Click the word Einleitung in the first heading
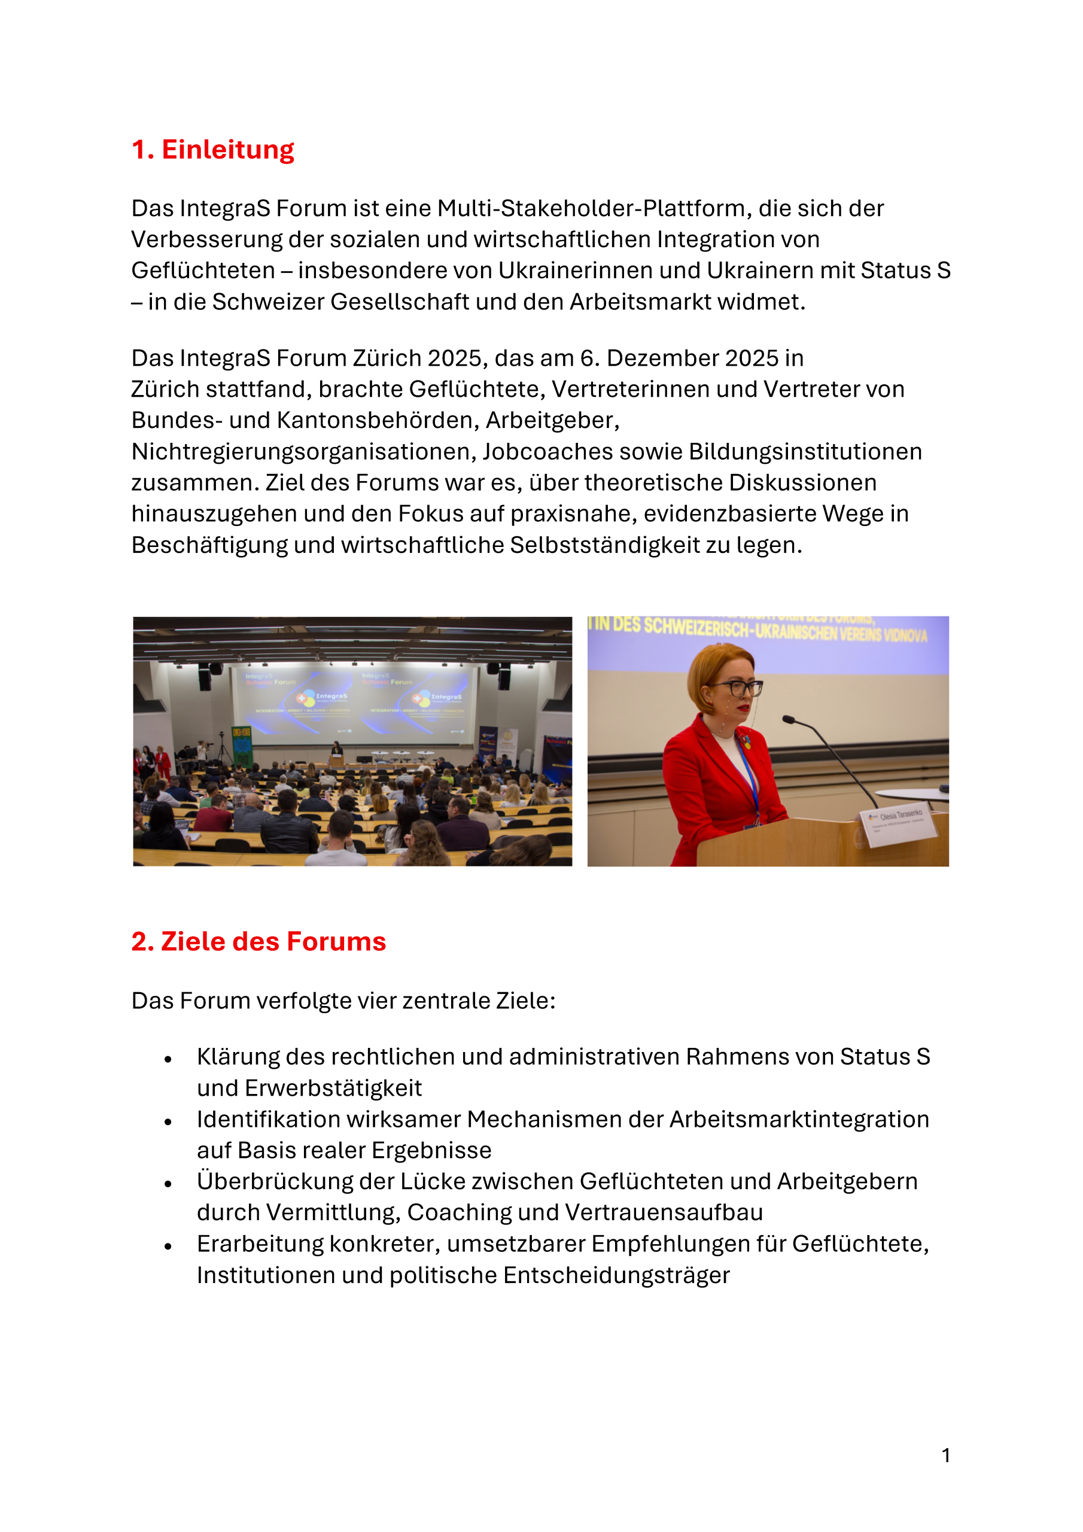click(x=227, y=150)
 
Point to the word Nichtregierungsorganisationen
click(x=303, y=452)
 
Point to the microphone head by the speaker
click(x=789, y=719)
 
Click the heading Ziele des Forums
click(x=273, y=941)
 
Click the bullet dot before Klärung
click(x=168, y=1059)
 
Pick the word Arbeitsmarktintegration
click(x=799, y=1119)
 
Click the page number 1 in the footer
click(x=945, y=1455)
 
